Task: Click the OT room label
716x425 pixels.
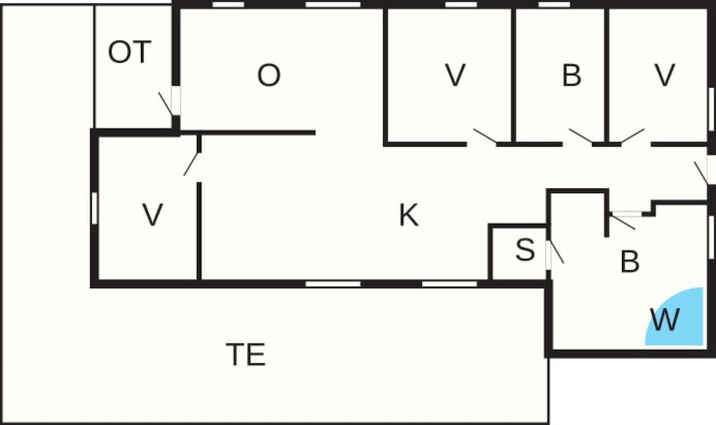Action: tap(130, 52)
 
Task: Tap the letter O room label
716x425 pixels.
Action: tap(268, 75)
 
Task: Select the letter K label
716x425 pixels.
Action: tap(408, 215)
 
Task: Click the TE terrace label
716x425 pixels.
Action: tap(246, 354)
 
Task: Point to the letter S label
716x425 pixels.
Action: tap(525, 250)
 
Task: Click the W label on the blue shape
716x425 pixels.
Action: tap(665, 320)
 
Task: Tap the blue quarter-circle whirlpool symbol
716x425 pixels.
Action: tap(674, 316)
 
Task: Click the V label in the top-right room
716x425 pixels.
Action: tap(664, 75)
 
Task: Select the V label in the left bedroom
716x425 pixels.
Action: tap(153, 215)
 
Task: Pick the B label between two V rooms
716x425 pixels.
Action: tap(571, 75)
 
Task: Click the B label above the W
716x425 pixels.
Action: tap(629, 262)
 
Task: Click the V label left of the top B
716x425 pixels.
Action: tap(455, 75)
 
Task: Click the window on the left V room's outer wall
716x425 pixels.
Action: tap(95, 209)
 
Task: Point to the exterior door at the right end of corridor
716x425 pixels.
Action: tap(705, 170)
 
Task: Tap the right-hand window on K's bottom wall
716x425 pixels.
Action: tap(450, 284)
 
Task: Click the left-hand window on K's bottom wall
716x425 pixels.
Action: tap(333, 284)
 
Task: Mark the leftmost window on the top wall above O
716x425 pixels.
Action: tap(228, 4)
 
